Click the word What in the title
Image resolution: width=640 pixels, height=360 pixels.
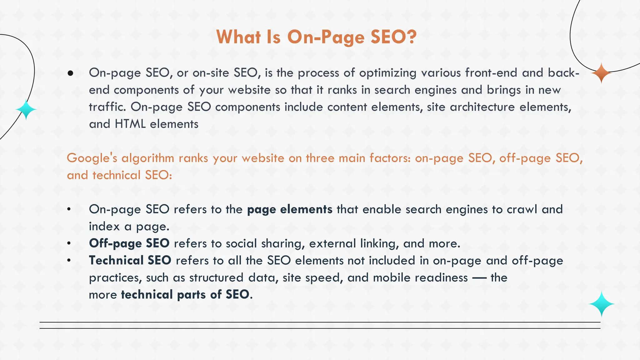click(238, 37)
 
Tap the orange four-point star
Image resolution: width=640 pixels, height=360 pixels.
click(601, 73)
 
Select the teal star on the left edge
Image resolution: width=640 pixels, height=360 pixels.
click(26, 109)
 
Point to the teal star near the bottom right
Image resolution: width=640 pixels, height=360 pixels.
click(601, 304)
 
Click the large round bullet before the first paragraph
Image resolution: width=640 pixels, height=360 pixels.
click(70, 73)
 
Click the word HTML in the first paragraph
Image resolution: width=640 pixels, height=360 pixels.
click(130, 124)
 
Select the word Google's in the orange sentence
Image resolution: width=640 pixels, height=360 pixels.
click(92, 158)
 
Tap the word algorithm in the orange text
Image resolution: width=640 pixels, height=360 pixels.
click(147, 158)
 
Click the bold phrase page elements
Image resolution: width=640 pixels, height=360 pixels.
click(289, 209)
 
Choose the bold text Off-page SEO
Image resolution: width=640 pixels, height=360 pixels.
click(129, 243)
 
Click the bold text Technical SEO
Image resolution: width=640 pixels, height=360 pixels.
click(130, 260)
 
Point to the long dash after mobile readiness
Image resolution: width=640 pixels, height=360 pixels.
click(479, 278)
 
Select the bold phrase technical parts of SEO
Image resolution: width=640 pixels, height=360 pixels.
click(185, 295)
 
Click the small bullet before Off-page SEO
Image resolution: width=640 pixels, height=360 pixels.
click(69, 244)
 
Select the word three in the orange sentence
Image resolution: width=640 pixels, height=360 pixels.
click(320, 158)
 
